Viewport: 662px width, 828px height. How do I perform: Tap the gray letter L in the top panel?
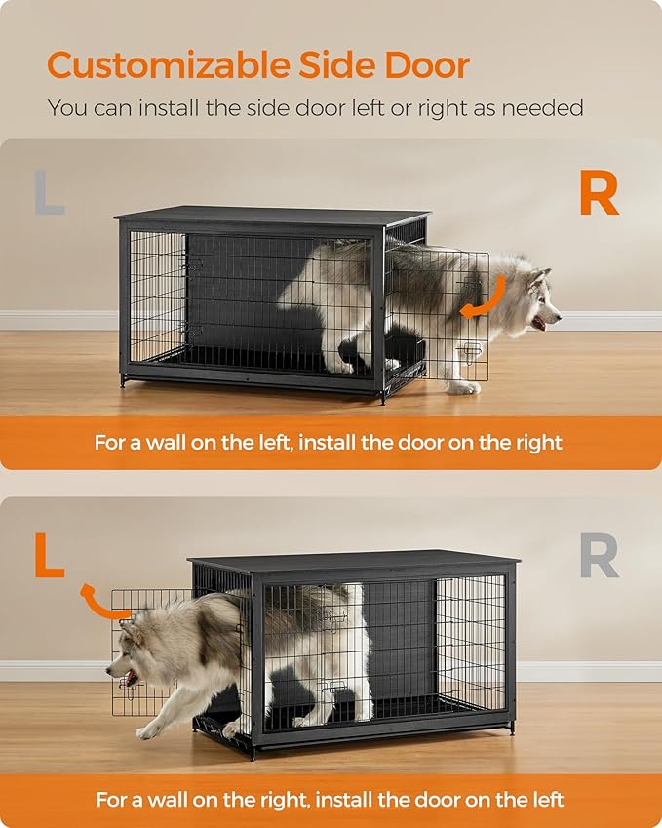click(49, 193)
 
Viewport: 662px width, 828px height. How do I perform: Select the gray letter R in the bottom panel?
click(599, 555)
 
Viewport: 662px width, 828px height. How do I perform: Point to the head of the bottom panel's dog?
click(133, 664)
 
